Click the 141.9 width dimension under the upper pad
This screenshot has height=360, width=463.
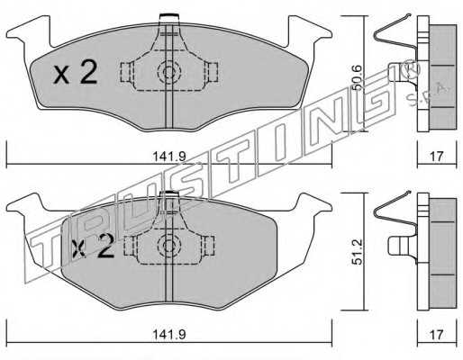(x=169, y=157)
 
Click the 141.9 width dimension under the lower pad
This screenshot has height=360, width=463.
(x=169, y=334)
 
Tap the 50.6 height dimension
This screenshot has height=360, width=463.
(x=357, y=78)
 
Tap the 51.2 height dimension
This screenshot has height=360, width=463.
(x=357, y=252)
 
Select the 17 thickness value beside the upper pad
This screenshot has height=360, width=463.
(x=437, y=157)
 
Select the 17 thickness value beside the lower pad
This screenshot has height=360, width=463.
(x=437, y=334)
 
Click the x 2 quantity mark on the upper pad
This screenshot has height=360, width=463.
(x=76, y=72)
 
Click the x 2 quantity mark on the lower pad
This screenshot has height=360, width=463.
(x=93, y=246)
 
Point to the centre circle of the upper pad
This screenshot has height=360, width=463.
(x=169, y=72)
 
